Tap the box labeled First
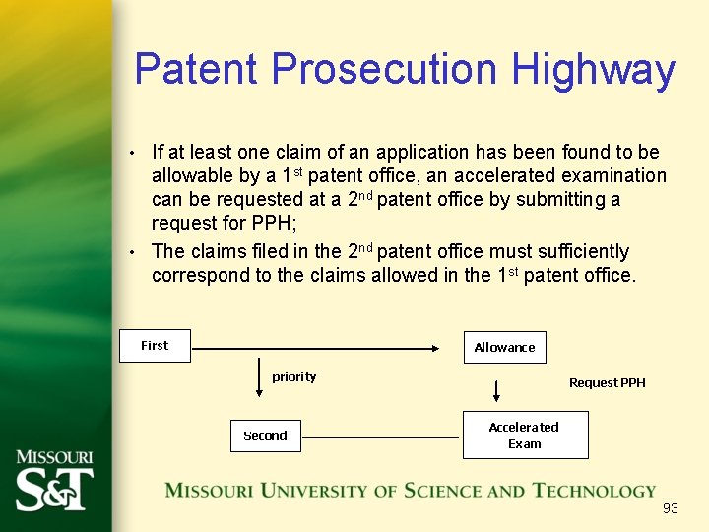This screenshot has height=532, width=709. click(155, 346)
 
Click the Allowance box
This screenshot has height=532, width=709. click(504, 347)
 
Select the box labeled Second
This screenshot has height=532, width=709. click(265, 435)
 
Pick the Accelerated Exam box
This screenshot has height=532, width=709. click(524, 434)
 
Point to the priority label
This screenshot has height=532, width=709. click(294, 377)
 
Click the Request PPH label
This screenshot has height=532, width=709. click(607, 382)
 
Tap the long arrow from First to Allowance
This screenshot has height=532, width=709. click(315, 347)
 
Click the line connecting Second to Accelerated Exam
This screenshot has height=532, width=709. click(381, 437)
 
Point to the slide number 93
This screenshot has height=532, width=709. click(671, 508)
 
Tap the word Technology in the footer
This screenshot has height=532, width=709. click(594, 491)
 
